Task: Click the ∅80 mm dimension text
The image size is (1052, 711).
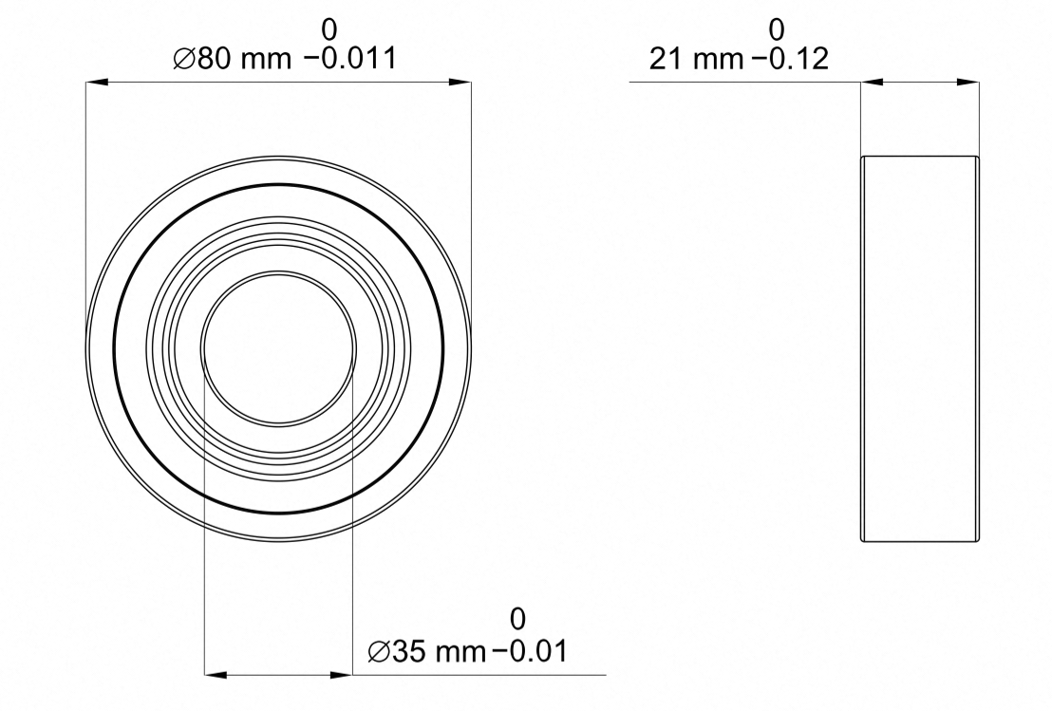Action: (x=232, y=59)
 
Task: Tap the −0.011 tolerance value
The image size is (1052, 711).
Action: (x=350, y=59)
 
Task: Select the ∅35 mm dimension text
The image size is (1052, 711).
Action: (x=426, y=650)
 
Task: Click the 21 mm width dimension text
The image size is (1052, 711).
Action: (x=697, y=59)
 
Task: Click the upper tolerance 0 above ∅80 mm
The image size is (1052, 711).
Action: (x=329, y=29)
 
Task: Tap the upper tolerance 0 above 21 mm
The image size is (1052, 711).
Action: (x=777, y=29)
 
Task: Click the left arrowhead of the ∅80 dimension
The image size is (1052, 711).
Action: (x=97, y=83)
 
